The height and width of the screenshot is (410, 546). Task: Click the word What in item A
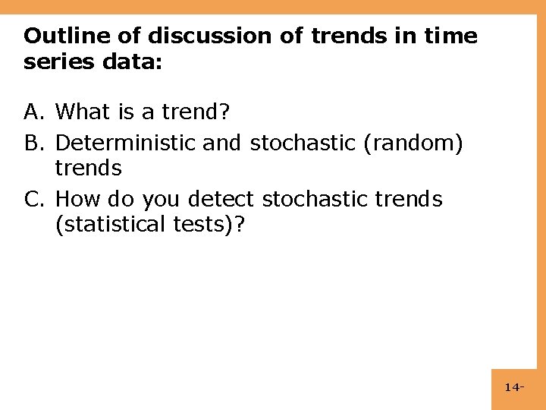(x=84, y=112)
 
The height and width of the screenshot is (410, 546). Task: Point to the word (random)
(x=413, y=143)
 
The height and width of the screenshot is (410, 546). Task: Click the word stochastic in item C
(x=315, y=200)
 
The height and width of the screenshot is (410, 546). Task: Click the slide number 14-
(x=514, y=388)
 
